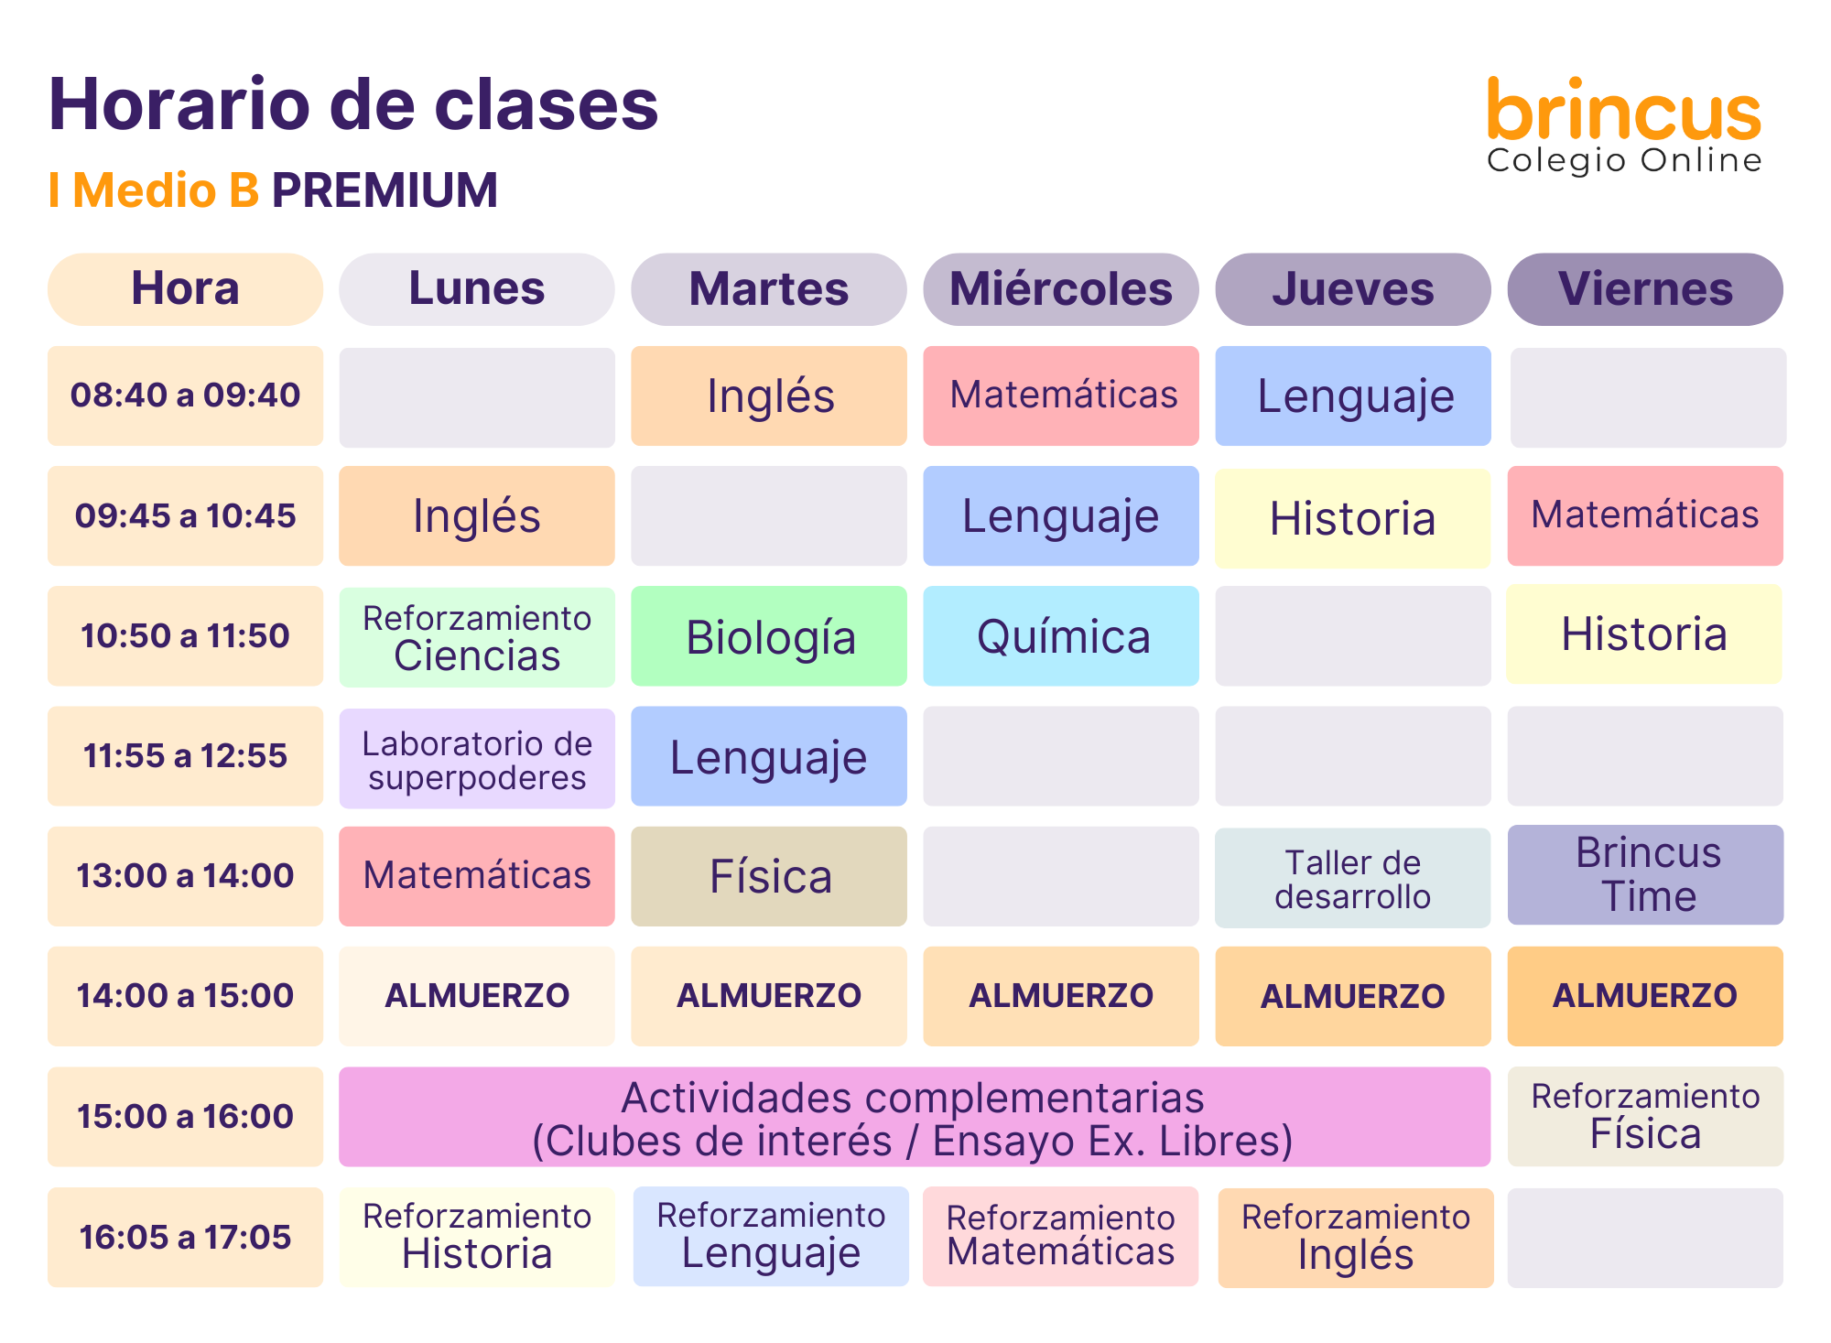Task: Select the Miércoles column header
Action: click(1061, 289)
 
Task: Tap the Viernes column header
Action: click(1645, 289)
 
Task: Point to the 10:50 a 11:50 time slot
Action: click(185, 636)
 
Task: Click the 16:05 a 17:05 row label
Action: click(185, 1238)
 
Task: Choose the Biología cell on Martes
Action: click(769, 636)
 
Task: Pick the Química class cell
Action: click(1061, 636)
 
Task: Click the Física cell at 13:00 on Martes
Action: click(769, 876)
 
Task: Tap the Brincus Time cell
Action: click(1645, 875)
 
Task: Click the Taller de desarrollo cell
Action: click(1353, 878)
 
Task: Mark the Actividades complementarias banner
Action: click(915, 1117)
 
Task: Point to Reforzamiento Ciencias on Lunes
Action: click(477, 637)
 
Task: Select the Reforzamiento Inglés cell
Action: click(1356, 1239)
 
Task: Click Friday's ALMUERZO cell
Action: click(1645, 996)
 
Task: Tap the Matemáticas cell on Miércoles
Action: click(1061, 395)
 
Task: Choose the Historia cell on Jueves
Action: click(1353, 518)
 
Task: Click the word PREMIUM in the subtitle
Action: click(385, 190)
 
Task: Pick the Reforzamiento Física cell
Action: click(1645, 1117)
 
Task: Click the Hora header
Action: click(185, 289)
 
